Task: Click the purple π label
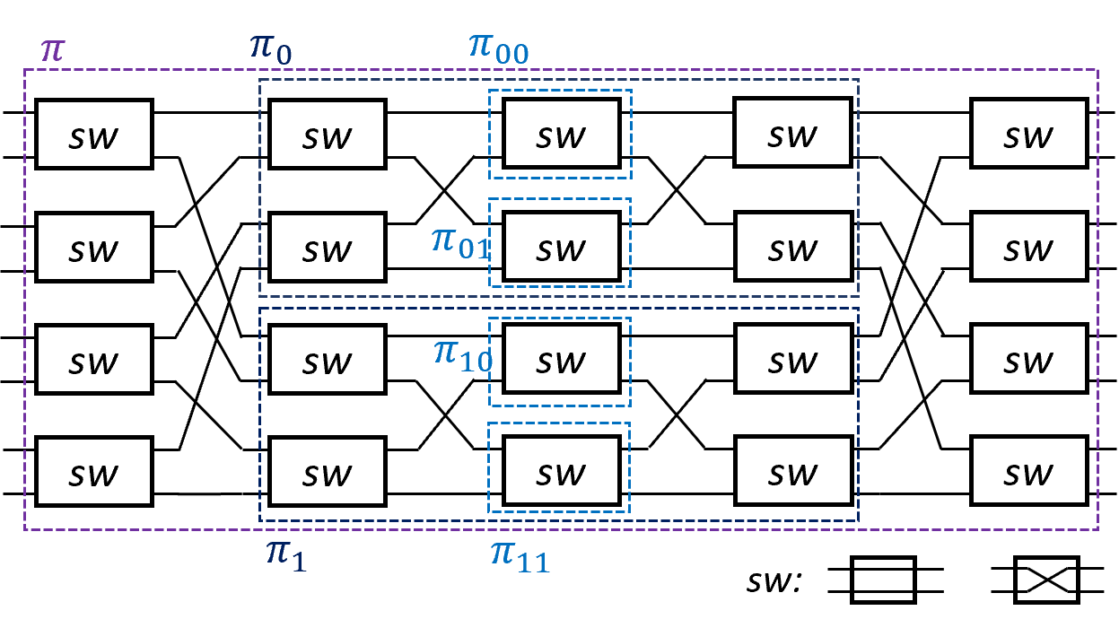pos(53,50)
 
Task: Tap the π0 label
pos(270,50)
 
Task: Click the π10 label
pos(463,354)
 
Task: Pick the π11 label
pos(520,556)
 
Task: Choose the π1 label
pos(286,555)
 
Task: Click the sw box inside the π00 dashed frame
pos(561,134)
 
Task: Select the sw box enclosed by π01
pos(561,247)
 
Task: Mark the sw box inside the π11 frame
pos(561,471)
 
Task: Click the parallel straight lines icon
pos(883,580)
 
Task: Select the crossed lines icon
pos(1046,580)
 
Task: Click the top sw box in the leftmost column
pos(94,135)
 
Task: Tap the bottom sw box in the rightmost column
pos(1029,471)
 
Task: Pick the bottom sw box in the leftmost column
pos(94,471)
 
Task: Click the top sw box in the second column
pos(328,135)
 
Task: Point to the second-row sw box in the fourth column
pos(793,247)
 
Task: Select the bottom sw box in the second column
pos(328,471)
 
